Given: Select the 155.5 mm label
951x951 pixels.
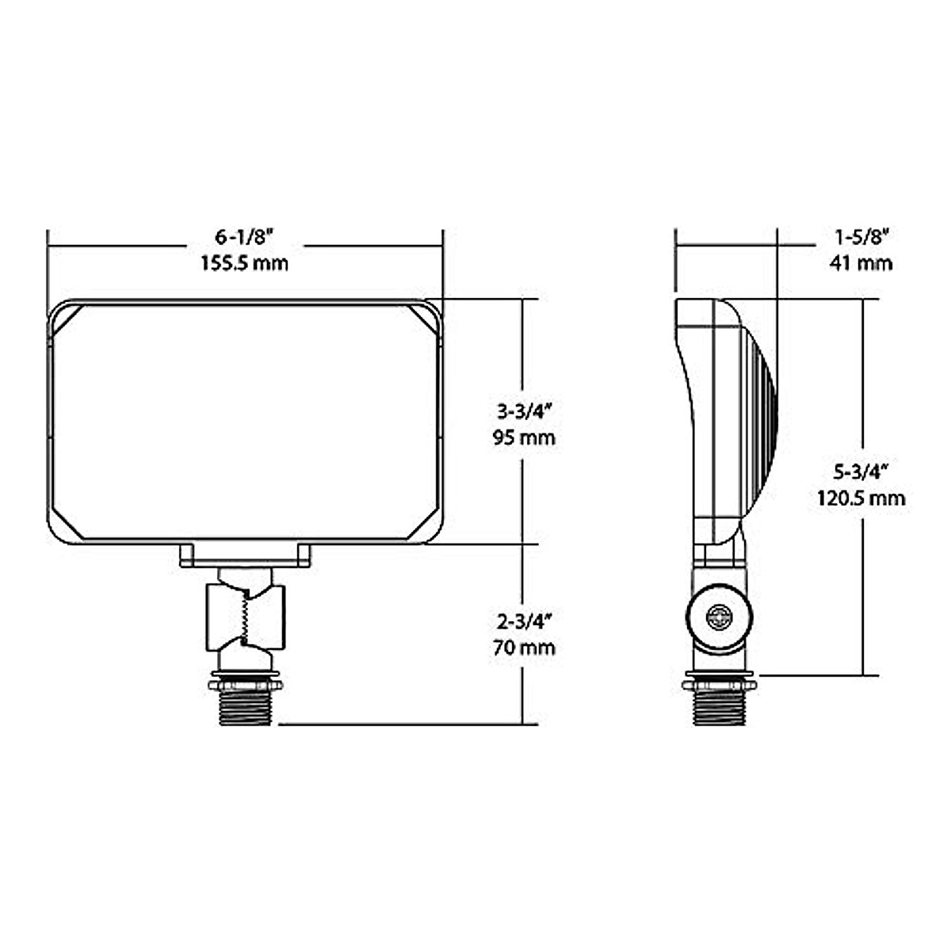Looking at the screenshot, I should (x=244, y=263).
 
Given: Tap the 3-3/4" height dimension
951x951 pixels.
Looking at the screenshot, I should (x=523, y=411).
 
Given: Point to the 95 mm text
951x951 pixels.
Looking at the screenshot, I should (x=523, y=437).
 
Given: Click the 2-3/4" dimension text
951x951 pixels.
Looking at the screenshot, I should (x=523, y=621).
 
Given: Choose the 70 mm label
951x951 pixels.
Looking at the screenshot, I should (x=523, y=647).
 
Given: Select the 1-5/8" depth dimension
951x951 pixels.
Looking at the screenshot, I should (x=861, y=236).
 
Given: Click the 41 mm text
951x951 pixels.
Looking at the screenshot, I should (x=861, y=263).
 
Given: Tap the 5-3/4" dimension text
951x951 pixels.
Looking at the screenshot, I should (x=860, y=472).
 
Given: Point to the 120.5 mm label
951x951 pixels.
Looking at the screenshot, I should (x=860, y=498).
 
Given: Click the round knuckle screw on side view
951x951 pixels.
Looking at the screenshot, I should (x=720, y=616).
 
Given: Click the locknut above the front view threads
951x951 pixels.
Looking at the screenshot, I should (x=245, y=682).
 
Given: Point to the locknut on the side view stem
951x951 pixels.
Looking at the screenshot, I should (x=720, y=682).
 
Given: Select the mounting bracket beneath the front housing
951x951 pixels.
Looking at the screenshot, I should (x=245, y=557).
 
